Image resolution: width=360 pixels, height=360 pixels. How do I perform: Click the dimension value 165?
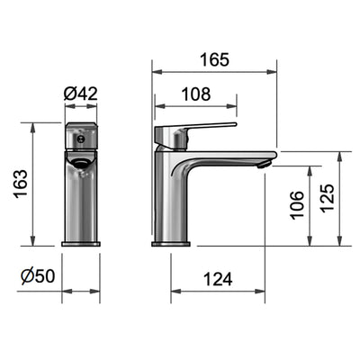(214, 59)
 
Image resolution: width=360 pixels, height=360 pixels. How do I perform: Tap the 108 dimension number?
(196, 94)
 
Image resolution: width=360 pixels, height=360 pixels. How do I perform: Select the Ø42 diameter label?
(81, 94)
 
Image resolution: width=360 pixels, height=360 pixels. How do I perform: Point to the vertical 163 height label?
(21, 184)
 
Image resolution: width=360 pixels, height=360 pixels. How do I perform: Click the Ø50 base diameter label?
(38, 276)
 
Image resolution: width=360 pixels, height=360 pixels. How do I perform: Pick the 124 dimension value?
(218, 279)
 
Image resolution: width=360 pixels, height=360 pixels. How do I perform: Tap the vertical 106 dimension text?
(297, 204)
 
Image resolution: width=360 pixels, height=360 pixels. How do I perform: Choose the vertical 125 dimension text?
(327, 198)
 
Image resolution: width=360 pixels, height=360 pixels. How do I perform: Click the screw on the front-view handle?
(80, 139)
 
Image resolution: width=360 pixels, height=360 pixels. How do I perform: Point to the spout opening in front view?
(79, 162)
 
